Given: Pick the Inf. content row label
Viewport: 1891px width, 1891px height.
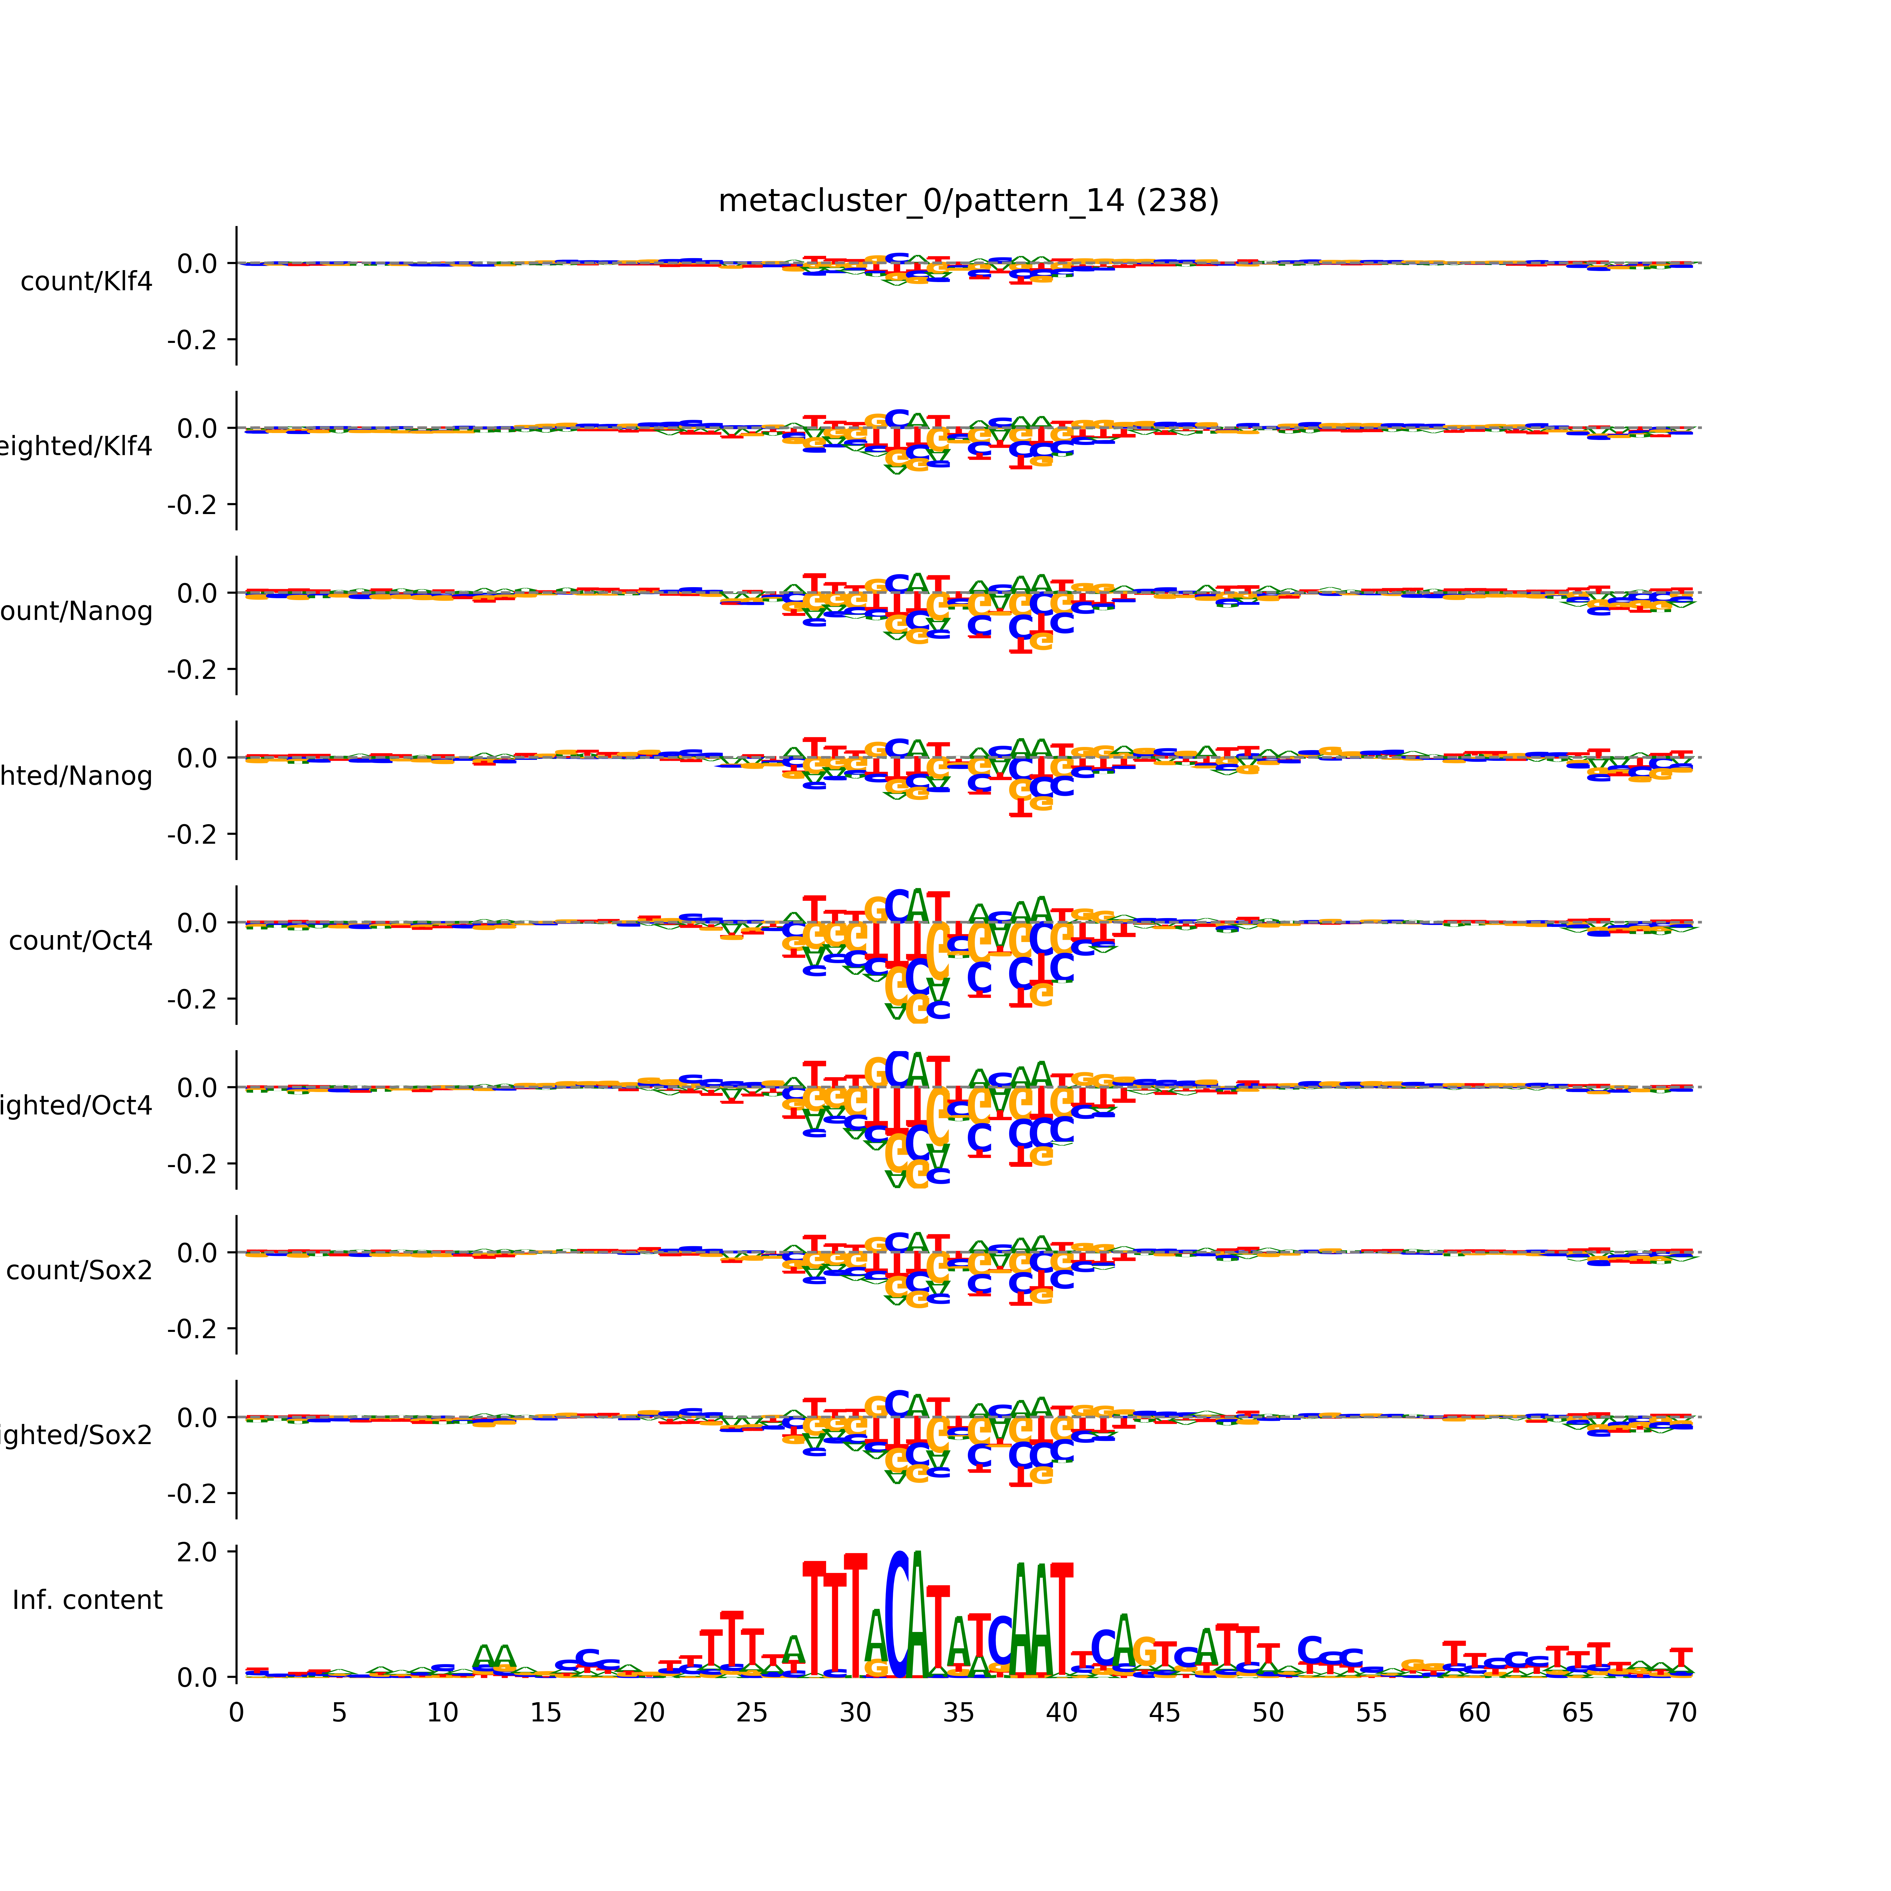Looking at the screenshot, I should pyautogui.click(x=87, y=1600).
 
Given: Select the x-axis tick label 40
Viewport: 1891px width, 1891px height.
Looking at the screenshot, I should pyautogui.click(x=1062, y=1713).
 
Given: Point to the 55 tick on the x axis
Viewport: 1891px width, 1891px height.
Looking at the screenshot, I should pyautogui.click(x=1371, y=1713).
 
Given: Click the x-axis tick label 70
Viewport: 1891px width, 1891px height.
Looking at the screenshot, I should pyautogui.click(x=1680, y=1713).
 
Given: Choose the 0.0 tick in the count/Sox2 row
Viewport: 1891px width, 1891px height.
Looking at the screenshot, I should pyautogui.click(x=197, y=1253).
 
